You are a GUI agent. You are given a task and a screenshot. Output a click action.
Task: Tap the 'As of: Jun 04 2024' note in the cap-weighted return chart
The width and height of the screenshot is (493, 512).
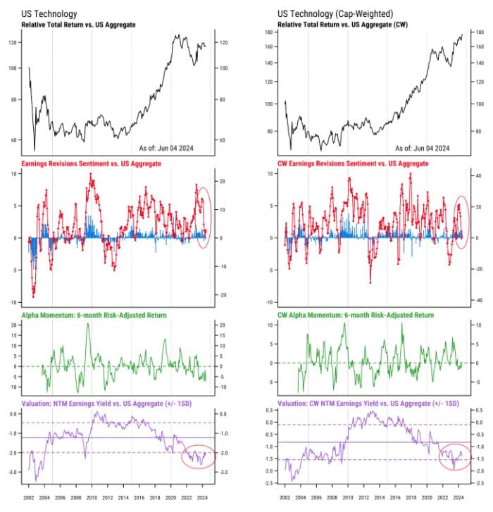(423, 149)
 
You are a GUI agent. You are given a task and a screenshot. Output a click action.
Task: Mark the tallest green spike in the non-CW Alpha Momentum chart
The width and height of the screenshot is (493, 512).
(88, 324)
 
